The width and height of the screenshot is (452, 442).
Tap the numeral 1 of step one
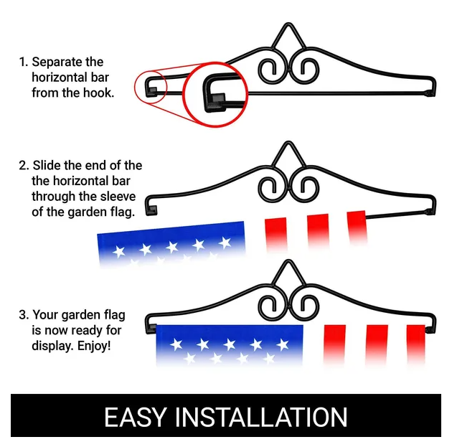(22, 62)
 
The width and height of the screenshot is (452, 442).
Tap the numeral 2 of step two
(22, 166)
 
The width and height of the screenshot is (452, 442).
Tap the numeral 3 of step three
(22, 315)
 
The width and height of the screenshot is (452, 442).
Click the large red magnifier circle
(212, 93)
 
